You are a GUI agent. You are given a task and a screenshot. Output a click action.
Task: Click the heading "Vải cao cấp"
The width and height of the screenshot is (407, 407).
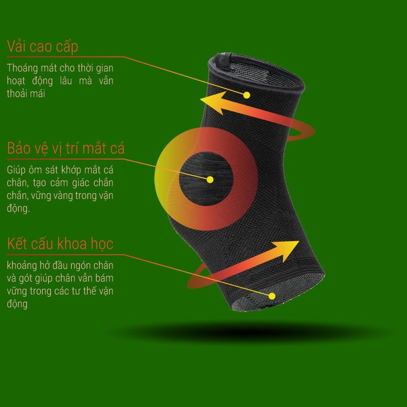[x=42, y=47]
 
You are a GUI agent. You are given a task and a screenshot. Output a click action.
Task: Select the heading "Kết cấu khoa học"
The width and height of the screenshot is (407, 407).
[x=61, y=243]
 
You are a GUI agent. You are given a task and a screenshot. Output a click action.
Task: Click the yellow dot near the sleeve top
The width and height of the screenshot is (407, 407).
[x=247, y=95]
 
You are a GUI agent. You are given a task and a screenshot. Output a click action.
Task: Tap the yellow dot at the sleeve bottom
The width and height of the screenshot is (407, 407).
[x=273, y=296]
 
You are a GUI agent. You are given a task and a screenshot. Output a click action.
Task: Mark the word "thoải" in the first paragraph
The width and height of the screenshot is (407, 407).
[x=19, y=94]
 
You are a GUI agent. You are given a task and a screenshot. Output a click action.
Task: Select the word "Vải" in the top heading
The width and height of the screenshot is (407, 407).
[x=19, y=47]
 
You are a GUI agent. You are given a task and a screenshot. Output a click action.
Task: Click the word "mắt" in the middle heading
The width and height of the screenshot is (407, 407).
[x=96, y=149]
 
